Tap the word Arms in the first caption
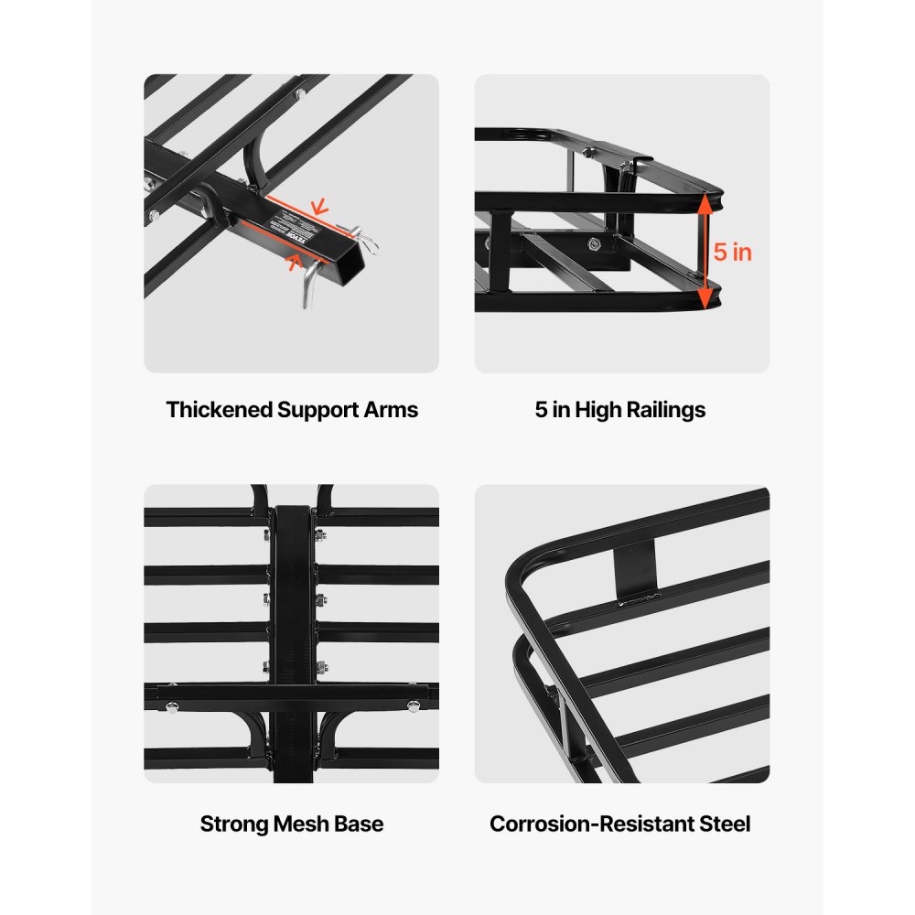click(x=393, y=410)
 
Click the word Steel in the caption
click(x=726, y=823)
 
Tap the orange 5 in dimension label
click(x=733, y=252)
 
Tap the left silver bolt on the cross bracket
click(x=170, y=704)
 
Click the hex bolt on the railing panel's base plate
click(x=596, y=243)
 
